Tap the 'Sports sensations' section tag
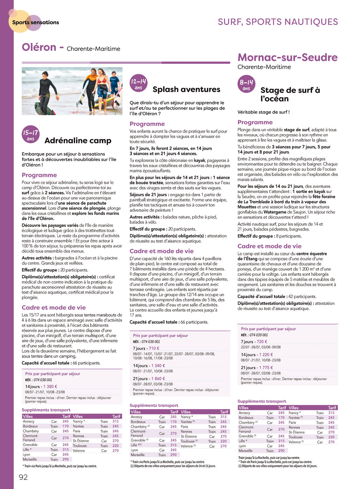tap(35, 22)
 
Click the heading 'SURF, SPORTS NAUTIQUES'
tap(278, 22)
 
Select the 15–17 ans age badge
tap(30, 135)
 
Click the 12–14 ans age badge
tap(138, 83)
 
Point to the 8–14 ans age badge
tap(246, 84)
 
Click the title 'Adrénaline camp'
tap(78, 141)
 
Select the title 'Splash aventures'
tap(186, 89)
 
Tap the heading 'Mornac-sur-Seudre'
tap(287, 57)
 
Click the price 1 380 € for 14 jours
tap(50, 387)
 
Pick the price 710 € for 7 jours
tap(154, 348)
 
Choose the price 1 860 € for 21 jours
tap(158, 379)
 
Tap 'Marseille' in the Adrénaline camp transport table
tap(30, 459)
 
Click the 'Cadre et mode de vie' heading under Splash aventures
tap(162, 251)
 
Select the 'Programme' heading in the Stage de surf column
tap(255, 122)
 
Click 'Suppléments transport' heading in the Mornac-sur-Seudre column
tap(262, 401)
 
